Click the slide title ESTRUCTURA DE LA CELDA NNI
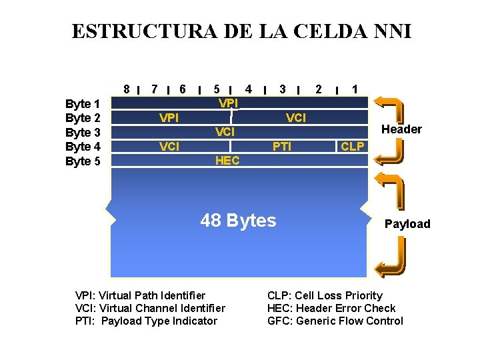(241, 31)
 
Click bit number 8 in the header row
(127, 89)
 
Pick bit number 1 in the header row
(356, 89)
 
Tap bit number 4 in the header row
(248, 89)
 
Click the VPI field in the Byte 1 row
(229, 103)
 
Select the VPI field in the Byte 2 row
(169, 118)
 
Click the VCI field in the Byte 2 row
(296, 118)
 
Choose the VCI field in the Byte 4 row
(169, 146)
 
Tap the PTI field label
(282, 146)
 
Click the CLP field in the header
(353, 146)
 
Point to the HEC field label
(227, 161)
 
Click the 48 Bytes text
(238, 221)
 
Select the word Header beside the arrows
(401, 129)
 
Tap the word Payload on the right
(407, 224)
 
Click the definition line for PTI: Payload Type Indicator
(147, 321)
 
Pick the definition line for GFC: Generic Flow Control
(335, 321)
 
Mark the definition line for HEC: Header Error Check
(331, 308)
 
